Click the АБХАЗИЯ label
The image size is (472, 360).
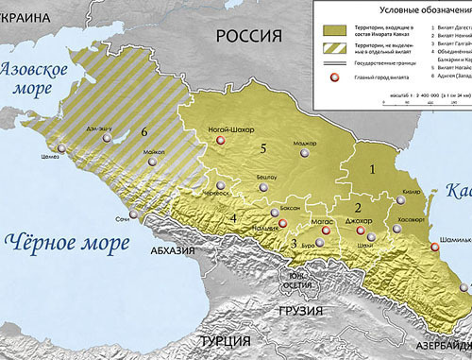point(170,251)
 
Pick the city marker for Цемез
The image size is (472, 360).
point(62,148)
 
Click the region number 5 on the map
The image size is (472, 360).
point(265,147)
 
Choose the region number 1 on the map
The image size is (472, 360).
point(373,170)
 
